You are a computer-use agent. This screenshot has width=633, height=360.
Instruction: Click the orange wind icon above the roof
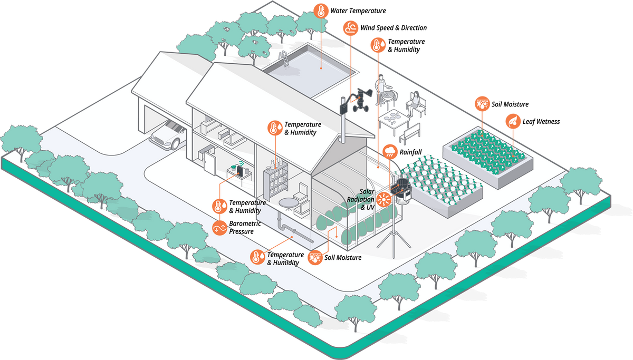pyautogui.click(x=350, y=28)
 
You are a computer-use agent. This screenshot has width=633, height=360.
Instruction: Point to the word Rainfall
pyautogui.click(x=410, y=152)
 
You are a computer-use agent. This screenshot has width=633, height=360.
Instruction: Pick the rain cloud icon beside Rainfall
pyautogui.click(x=389, y=152)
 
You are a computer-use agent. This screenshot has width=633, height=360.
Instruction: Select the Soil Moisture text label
pyautogui.click(x=343, y=258)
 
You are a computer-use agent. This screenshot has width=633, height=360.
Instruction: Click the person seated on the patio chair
pyautogui.click(x=416, y=103)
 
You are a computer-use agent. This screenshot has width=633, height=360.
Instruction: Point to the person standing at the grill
pyautogui.click(x=381, y=87)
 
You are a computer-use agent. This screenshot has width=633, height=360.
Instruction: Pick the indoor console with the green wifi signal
pyautogui.click(x=239, y=171)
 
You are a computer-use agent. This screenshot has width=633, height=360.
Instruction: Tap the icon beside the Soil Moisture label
pyautogui.click(x=315, y=258)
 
